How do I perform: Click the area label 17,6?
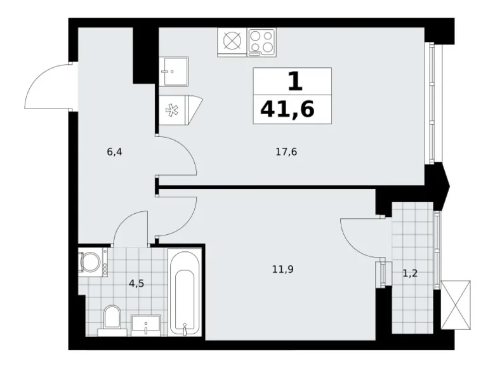pyautogui.click(x=286, y=152)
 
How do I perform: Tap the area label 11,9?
pyautogui.click(x=283, y=269)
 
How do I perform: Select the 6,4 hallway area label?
pyautogui.click(x=115, y=152)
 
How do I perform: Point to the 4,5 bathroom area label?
pyautogui.click(x=136, y=284)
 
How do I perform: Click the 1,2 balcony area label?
pyautogui.click(x=410, y=273)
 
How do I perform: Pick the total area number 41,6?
pyautogui.click(x=287, y=110)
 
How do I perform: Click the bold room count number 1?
pyautogui.click(x=295, y=81)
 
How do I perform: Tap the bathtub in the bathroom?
pyautogui.click(x=185, y=292)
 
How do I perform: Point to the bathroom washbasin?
pyautogui.click(x=146, y=324)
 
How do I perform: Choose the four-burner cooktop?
pyautogui.click(x=261, y=43)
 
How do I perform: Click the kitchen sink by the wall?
pyautogui.click(x=173, y=72)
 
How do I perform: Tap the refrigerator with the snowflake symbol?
pyautogui.click(x=181, y=110)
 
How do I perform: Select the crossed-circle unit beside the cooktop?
pyautogui.click(x=232, y=43)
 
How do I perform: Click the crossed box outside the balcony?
pyautogui.click(x=456, y=305)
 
